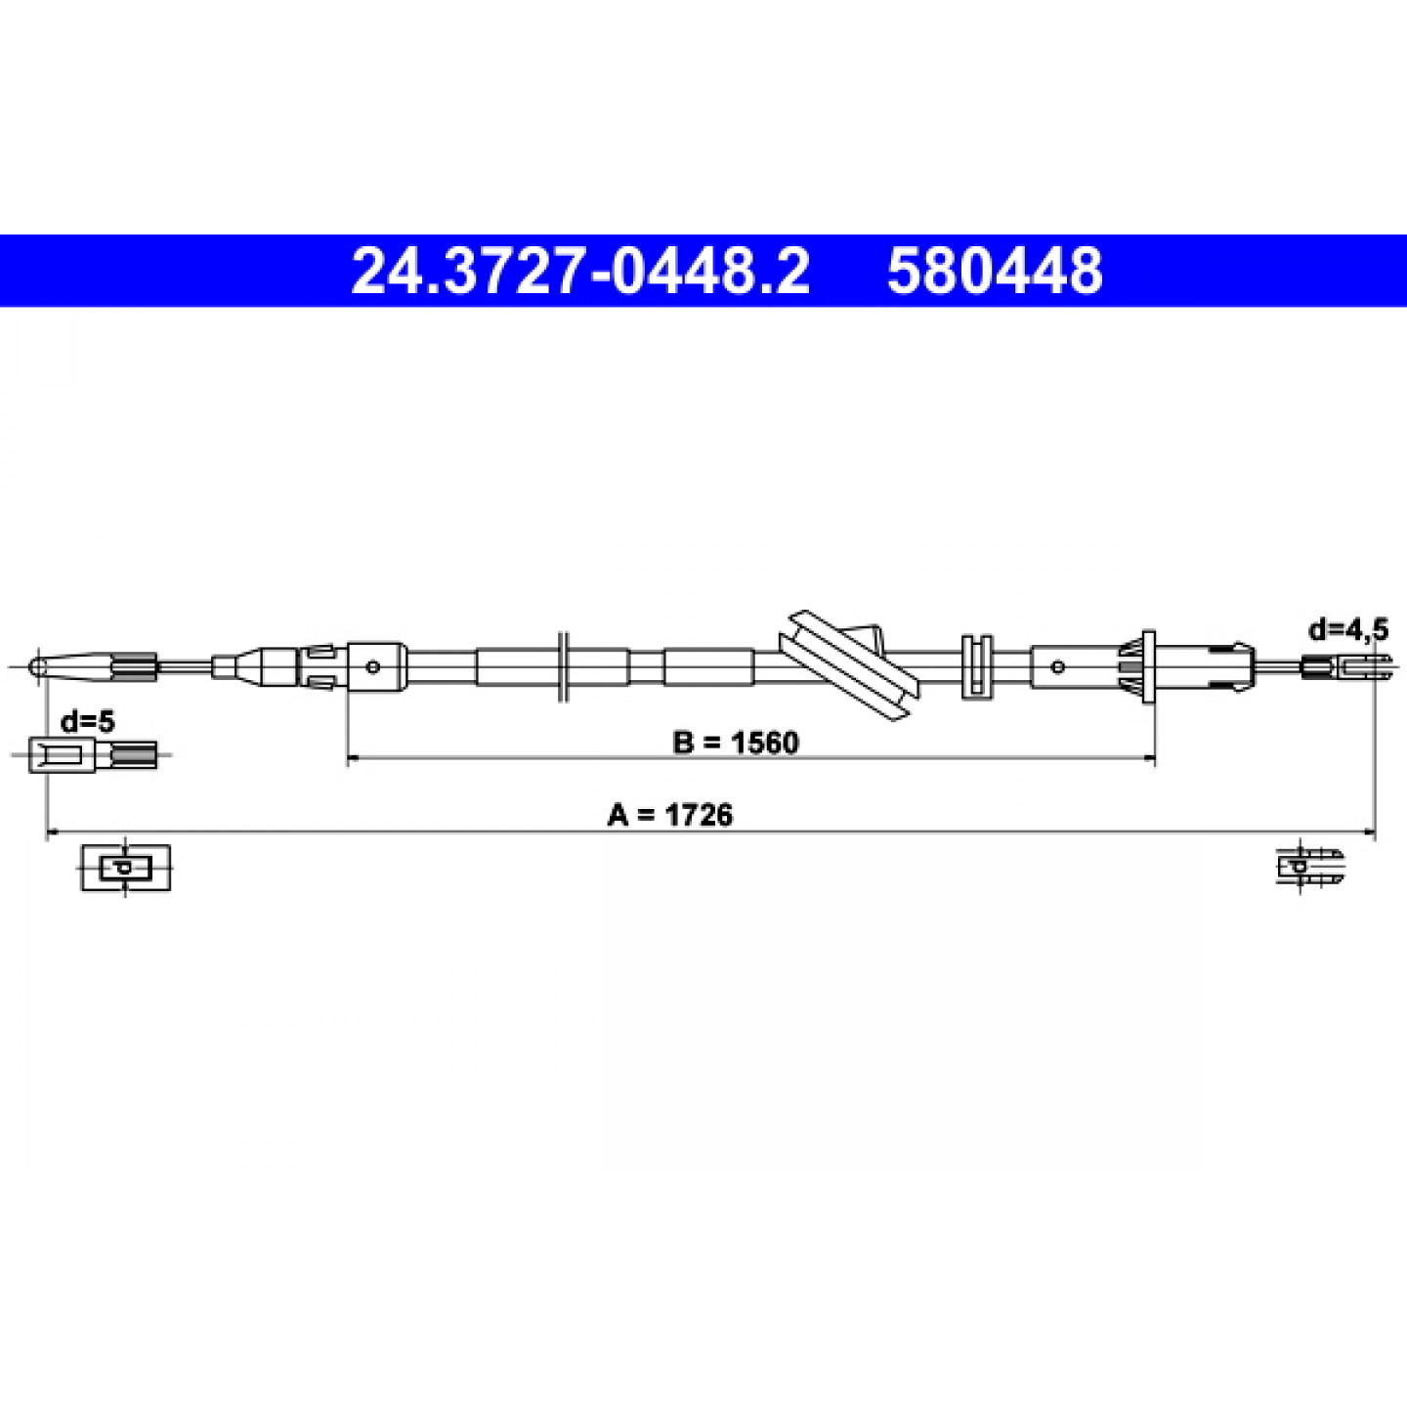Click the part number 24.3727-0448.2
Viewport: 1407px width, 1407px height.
[x=580, y=271]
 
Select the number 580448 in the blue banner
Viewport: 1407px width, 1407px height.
[x=995, y=271]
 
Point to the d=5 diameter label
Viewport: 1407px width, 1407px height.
[x=88, y=722]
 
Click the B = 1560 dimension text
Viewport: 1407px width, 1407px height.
[x=736, y=743]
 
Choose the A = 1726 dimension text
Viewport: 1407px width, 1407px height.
[x=669, y=815]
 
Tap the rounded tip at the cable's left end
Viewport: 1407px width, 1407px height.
[x=37, y=666]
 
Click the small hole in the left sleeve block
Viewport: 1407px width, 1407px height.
[x=374, y=666]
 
